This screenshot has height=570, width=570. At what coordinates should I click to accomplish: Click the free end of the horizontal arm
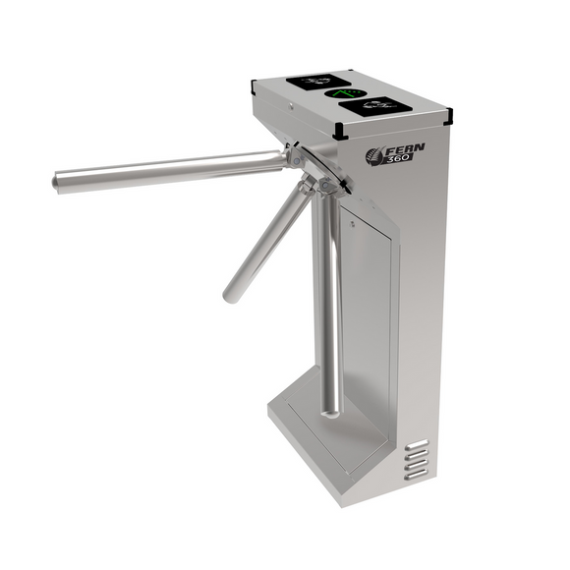click(x=58, y=181)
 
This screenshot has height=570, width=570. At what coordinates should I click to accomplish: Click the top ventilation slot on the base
click(x=418, y=445)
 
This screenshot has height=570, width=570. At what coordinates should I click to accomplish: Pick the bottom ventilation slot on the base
click(x=418, y=475)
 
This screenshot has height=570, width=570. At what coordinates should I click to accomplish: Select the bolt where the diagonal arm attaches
click(x=308, y=187)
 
